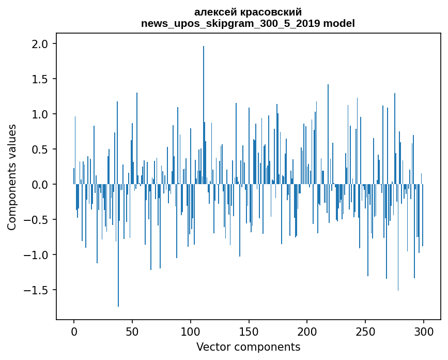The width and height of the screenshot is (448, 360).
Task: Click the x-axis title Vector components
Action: pos(248,347)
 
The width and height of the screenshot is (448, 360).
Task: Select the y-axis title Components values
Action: pos(12,177)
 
